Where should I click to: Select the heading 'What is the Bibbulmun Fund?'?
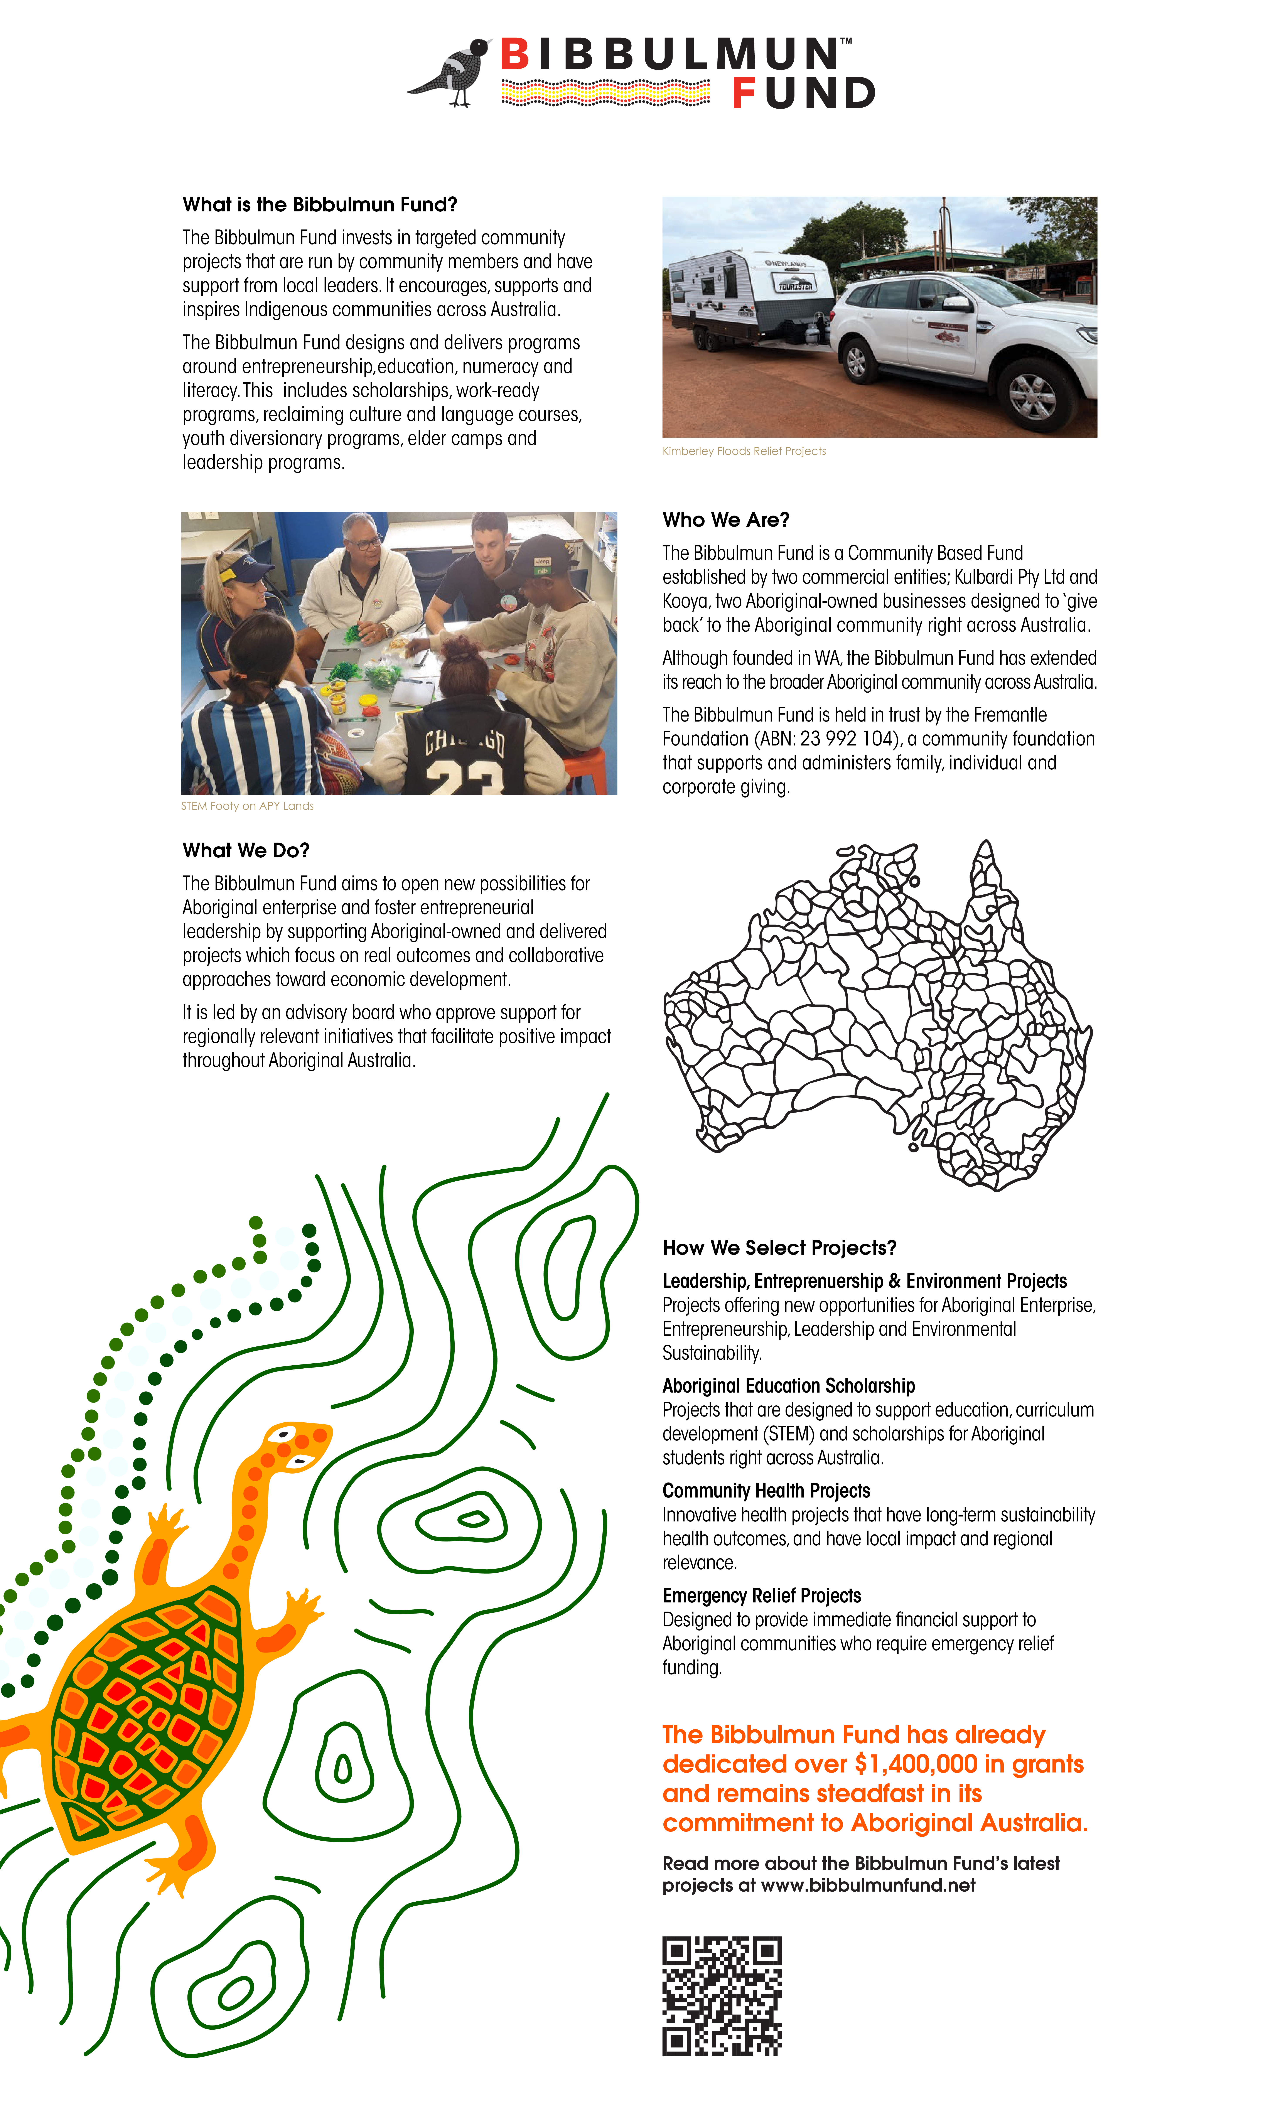(320, 204)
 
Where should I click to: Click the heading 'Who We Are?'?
(725, 520)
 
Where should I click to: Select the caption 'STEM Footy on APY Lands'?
(247, 806)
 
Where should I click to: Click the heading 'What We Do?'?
(246, 850)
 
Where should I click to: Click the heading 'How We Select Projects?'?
(779, 1248)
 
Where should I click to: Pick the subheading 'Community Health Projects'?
(766, 1491)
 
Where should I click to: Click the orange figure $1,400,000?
(916, 1764)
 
